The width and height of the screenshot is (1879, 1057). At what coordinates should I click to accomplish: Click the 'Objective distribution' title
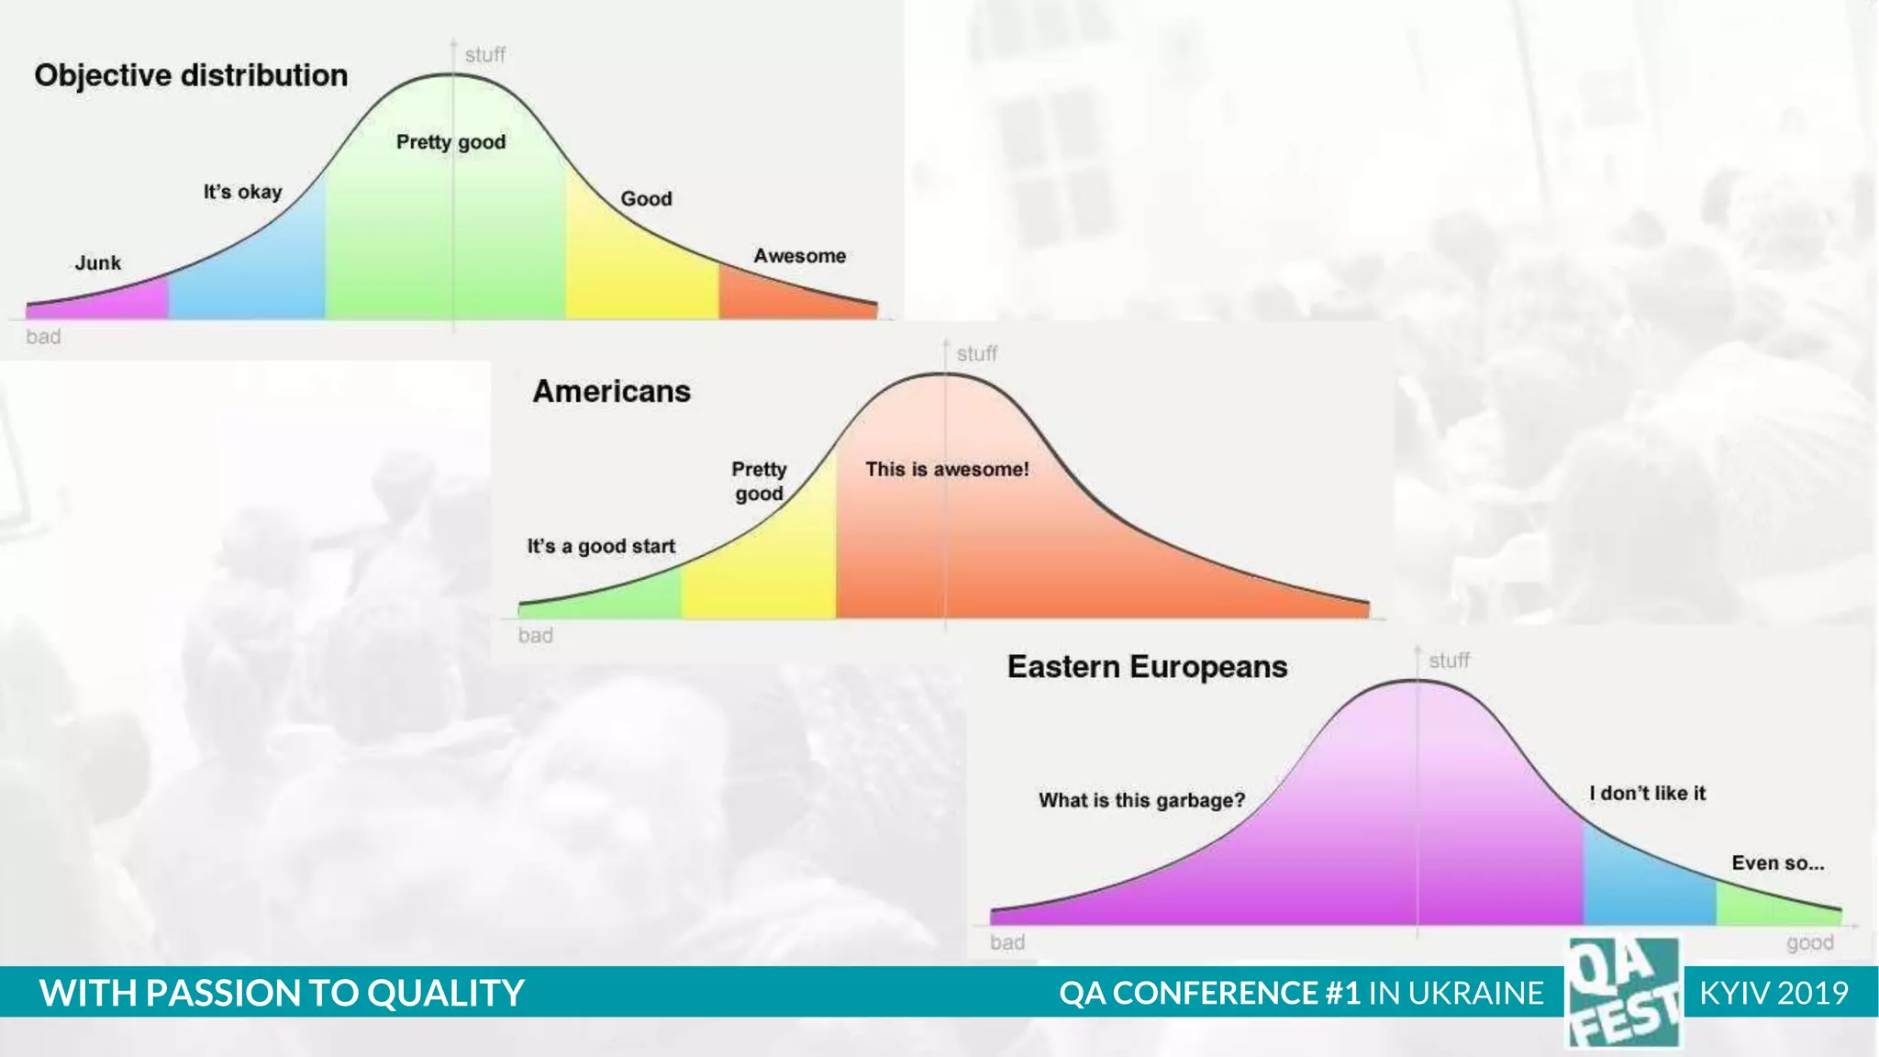191,75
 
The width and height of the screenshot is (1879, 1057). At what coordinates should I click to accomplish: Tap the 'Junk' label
97,263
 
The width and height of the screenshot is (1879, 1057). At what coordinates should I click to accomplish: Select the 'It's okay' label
242,193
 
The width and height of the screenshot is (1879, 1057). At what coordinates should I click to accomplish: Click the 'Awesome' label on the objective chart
799,256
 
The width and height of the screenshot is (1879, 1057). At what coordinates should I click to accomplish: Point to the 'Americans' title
611,392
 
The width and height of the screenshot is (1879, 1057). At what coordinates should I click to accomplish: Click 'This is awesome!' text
946,470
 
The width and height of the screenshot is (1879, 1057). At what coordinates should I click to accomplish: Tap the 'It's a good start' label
601,547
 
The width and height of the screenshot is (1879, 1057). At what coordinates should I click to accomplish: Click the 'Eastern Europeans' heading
1147,667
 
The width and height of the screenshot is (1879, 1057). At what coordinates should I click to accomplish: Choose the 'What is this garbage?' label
1141,800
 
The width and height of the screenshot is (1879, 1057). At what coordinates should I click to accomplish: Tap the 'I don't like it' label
1647,794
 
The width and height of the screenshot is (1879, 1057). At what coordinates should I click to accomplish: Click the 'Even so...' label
1777,863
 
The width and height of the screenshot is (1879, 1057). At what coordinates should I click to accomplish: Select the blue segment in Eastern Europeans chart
1649,885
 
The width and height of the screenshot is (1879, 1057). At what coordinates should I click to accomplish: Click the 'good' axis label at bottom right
1809,942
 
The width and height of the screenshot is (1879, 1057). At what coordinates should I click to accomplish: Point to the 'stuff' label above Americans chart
976,354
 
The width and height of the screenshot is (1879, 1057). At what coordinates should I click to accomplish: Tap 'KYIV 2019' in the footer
1773,993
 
